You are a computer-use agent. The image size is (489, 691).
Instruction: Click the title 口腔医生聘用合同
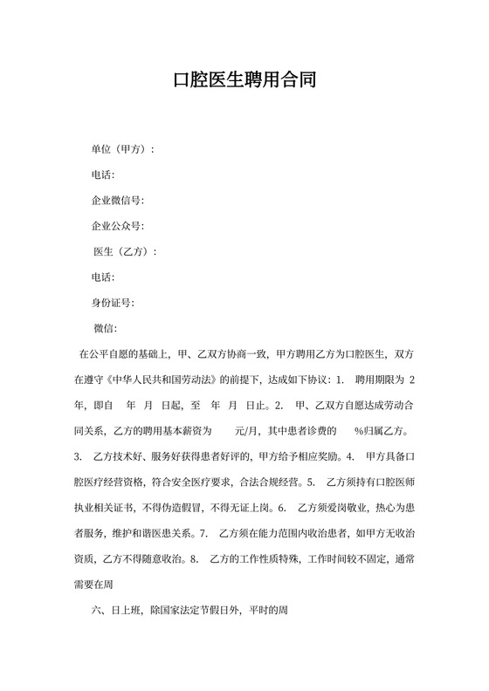(244, 81)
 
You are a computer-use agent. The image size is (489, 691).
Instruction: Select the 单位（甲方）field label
(122, 149)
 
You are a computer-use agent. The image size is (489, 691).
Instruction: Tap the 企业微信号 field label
(117, 201)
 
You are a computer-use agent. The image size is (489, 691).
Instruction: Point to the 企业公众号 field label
(117, 226)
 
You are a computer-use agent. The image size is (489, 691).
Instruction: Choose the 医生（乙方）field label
(124, 252)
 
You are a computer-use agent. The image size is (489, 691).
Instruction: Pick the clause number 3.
(79, 455)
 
